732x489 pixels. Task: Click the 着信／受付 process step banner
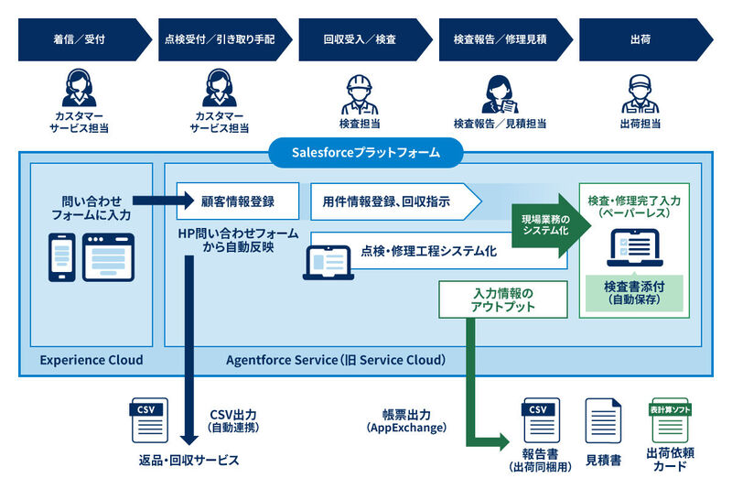(x=85, y=39)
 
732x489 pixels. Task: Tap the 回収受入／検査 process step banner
(x=365, y=39)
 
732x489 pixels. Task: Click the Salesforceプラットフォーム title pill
(x=365, y=153)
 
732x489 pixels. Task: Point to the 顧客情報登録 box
(x=238, y=201)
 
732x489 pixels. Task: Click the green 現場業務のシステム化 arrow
(x=552, y=225)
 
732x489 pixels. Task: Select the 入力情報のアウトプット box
(x=502, y=299)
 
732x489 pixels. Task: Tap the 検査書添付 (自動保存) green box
(x=634, y=292)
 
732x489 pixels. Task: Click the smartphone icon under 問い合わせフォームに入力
(x=62, y=257)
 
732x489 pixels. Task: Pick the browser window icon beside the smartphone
(x=108, y=257)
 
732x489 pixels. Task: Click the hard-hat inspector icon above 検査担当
(x=360, y=95)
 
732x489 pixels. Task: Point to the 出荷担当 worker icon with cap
(x=640, y=95)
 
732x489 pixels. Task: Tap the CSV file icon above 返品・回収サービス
(x=149, y=420)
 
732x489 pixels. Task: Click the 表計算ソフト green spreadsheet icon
(x=670, y=420)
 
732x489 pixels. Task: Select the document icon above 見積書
(x=603, y=421)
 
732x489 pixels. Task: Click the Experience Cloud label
(x=91, y=360)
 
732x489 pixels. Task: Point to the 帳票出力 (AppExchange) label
(x=406, y=421)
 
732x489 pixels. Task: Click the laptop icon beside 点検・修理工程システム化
(x=328, y=263)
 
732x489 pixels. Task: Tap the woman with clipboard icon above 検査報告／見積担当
(x=500, y=95)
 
